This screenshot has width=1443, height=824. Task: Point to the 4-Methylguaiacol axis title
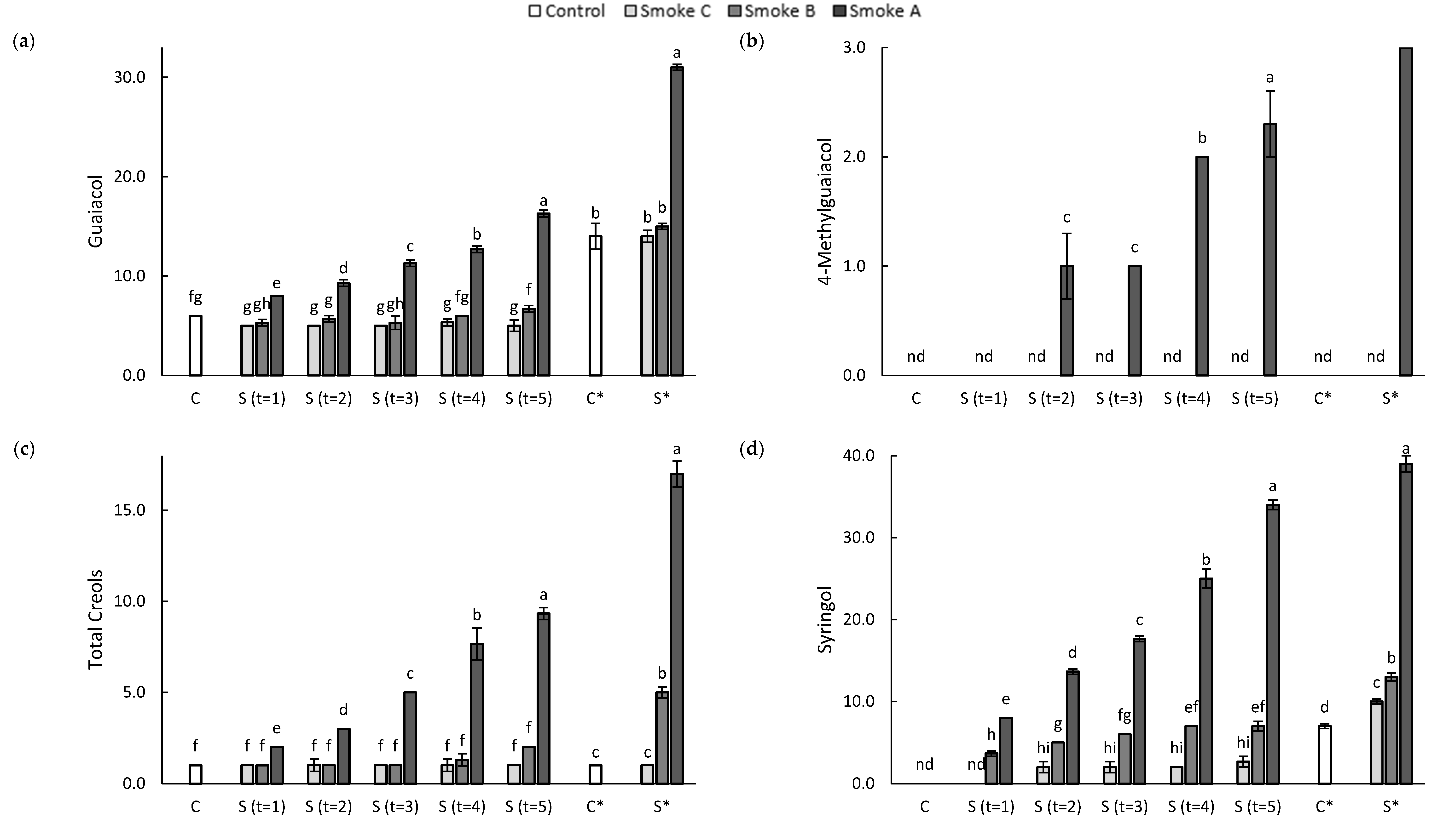pos(825,211)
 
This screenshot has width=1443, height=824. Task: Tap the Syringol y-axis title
pos(825,620)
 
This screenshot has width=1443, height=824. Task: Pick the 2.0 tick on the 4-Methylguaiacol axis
pos(855,157)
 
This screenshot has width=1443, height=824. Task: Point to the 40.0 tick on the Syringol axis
pos(859,456)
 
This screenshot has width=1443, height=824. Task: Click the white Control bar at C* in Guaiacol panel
pos(595,306)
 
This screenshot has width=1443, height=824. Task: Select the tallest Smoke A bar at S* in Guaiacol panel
pos(677,221)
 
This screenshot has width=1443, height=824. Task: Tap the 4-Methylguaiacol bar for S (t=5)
pos(1270,249)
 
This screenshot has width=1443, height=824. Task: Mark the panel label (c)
pos(24,449)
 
